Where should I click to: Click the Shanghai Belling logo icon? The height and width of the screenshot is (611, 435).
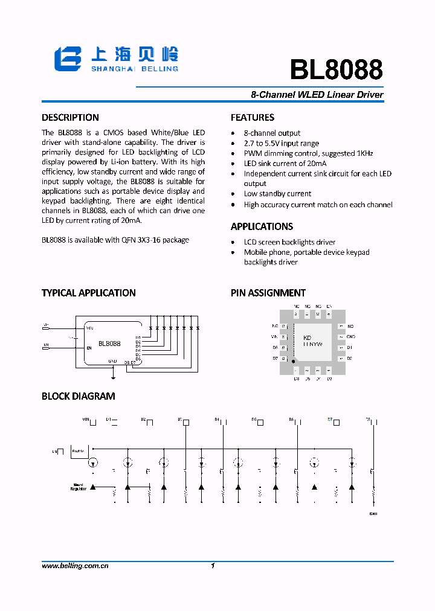point(68,60)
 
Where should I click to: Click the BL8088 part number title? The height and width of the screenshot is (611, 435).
point(336,70)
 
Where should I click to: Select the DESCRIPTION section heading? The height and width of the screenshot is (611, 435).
point(70,118)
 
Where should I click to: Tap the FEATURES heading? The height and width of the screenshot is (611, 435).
point(253,118)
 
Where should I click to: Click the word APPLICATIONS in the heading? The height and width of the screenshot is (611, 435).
point(262,226)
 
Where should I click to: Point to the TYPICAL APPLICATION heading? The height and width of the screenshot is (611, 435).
point(88,293)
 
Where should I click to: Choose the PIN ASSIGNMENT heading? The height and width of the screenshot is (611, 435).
point(268,293)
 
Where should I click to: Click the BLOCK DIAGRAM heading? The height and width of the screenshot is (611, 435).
point(78,397)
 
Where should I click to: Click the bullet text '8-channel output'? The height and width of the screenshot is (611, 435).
point(272,133)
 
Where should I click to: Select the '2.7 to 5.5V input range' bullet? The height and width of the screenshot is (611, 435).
point(281,143)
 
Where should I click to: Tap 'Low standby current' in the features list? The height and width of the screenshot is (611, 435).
point(277,194)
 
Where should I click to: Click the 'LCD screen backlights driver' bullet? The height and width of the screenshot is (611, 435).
point(289,242)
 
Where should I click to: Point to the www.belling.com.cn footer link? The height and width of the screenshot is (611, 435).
point(75,566)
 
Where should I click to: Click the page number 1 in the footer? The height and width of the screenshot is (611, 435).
point(213,566)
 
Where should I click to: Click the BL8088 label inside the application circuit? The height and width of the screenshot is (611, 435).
point(109,344)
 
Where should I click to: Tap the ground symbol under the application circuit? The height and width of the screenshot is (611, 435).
point(114,377)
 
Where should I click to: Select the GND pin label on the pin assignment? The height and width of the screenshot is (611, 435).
point(350,336)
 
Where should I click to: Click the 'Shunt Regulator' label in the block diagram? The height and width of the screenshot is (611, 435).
point(79,487)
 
